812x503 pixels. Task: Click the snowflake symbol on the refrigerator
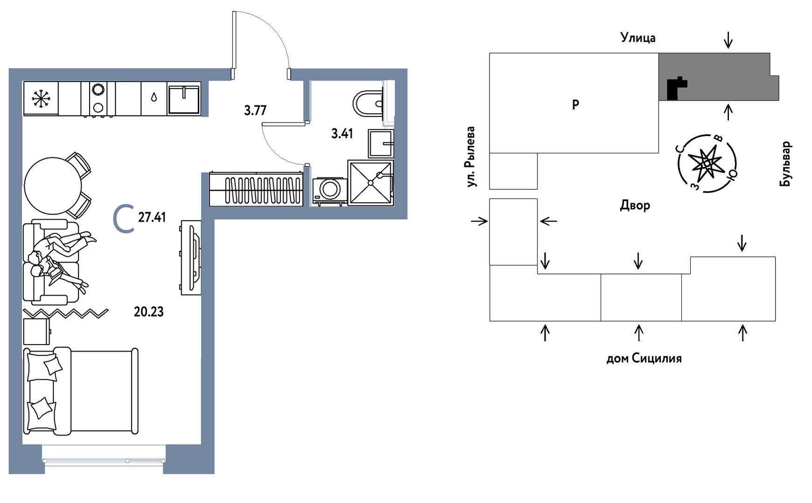tap(41, 98)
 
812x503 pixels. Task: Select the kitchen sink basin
tap(184, 98)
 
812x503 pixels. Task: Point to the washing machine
tap(329, 190)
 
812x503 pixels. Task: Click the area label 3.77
tap(255, 110)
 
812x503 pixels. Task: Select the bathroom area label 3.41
tap(342, 134)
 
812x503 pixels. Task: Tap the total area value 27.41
tap(152, 217)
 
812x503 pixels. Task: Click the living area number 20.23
tap(148, 311)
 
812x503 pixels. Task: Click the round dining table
tap(53, 185)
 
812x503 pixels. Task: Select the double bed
tap(81, 391)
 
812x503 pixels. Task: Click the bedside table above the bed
tap(36, 331)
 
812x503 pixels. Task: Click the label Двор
tap(635, 205)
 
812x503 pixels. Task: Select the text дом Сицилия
tap(644, 358)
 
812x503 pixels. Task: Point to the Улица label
tap(637, 38)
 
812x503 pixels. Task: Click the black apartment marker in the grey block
tap(674, 89)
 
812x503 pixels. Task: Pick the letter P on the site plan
tap(575, 104)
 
